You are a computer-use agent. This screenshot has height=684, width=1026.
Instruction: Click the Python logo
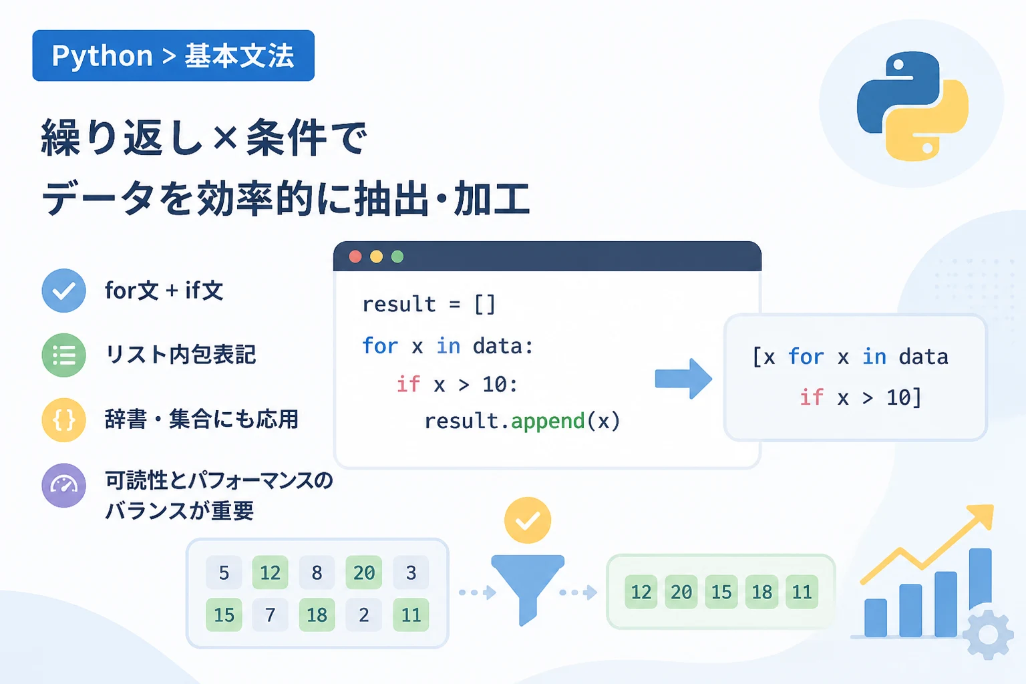click(912, 106)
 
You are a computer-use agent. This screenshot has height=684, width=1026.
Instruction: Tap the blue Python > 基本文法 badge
click(173, 55)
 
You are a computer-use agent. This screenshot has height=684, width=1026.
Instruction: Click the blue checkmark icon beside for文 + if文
click(63, 291)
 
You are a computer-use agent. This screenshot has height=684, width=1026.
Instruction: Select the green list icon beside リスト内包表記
click(63, 355)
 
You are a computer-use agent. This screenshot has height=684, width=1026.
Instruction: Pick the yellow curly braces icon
click(63, 419)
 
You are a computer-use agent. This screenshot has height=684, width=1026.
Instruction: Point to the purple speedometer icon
click(63, 485)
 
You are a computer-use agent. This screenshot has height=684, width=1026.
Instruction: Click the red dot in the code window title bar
click(355, 256)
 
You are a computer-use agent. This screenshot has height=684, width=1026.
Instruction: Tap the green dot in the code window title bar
click(397, 256)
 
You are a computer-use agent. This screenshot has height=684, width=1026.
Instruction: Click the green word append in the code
click(548, 421)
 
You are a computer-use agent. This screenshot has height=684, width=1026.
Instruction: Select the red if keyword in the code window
click(408, 384)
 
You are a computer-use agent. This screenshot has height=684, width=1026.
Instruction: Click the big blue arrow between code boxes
click(683, 379)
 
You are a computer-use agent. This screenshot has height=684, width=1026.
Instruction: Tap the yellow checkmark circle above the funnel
click(528, 520)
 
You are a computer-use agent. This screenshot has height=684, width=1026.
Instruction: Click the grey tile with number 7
click(271, 615)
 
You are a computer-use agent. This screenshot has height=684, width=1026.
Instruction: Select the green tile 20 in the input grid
click(364, 572)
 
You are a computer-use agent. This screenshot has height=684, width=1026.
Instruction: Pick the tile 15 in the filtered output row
click(721, 592)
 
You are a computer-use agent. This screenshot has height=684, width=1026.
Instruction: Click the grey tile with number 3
click(411, 572)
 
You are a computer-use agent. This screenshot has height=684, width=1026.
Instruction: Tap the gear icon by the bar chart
click(988, 635)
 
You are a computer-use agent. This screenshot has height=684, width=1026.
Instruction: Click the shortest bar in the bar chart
click(875, 618)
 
